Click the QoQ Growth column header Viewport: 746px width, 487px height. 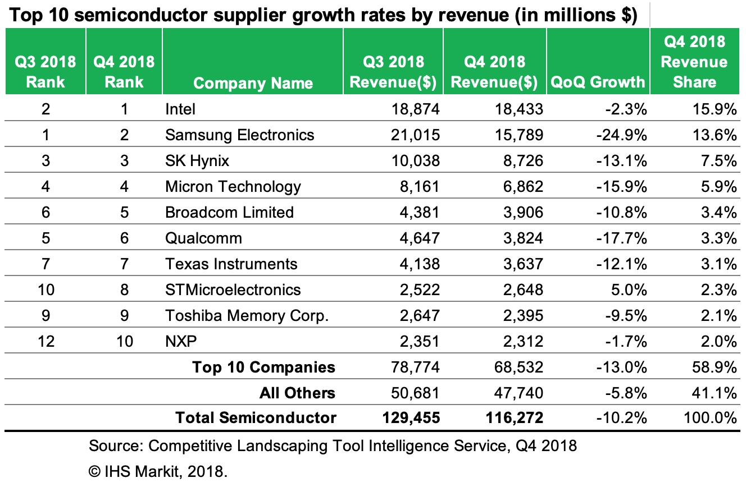[x=598, y=82]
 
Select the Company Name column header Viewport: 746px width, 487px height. [x=253, y=84]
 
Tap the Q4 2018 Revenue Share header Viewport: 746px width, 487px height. [x=694, y=62]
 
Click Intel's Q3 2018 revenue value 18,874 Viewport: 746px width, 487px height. [x=416, y=109]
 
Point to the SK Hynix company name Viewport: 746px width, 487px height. [x=197, y=160]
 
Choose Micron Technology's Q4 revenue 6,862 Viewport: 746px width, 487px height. [x=520, y=186]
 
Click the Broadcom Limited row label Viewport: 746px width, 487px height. [x=229, y=212]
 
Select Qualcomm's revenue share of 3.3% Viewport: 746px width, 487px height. [x=716, y=238]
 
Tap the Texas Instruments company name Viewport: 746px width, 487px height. [x=231, y=264]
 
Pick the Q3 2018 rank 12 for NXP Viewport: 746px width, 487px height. [x=46, y=341]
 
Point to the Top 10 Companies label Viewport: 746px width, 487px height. [x=263, y=367]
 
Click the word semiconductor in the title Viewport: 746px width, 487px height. [x=141, y=16]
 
